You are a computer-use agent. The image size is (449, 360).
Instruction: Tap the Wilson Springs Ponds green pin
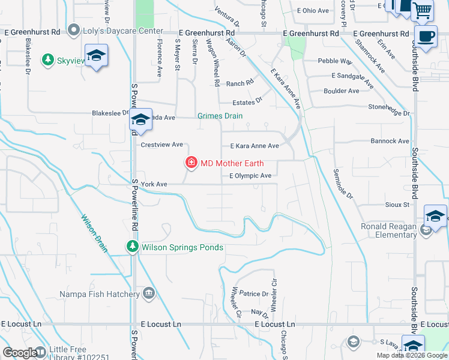point(132,247)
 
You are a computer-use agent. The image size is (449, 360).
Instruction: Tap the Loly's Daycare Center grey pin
point(74,30)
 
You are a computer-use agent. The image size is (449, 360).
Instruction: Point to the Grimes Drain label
point(220,116)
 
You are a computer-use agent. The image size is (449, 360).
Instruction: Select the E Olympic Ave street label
point(251,176)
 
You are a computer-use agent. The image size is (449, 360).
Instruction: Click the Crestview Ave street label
point(161,145)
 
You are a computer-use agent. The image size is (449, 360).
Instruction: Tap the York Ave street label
point(154,184)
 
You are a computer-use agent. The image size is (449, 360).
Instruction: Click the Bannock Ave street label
point(390,141)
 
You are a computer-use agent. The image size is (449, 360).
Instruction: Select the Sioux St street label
point(397,205)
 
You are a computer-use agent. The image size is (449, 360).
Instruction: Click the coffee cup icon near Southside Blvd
point(426,37)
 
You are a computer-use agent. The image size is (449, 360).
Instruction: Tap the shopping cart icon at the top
point(422,10)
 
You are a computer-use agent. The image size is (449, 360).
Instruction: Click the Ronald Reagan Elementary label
point(388,230)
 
